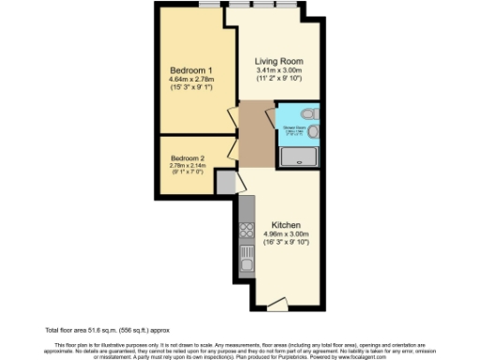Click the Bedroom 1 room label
(x=191, y=71)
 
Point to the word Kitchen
(x=285, y=226)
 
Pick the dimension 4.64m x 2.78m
(x=191, y=81)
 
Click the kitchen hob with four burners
(x=247, y=230)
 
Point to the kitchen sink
(x=247, y=253)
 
